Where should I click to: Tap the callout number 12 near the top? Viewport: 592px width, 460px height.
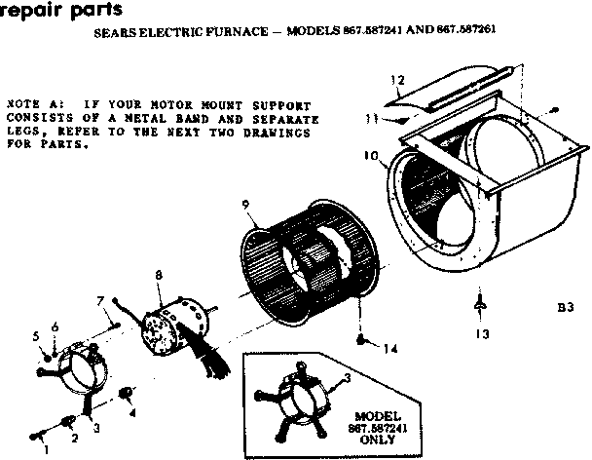coord(396,79)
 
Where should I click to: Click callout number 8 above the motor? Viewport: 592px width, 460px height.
coord(158,277)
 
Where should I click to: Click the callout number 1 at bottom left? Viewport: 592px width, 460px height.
coord(44,450)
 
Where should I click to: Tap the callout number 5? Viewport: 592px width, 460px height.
coord(35,335)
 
